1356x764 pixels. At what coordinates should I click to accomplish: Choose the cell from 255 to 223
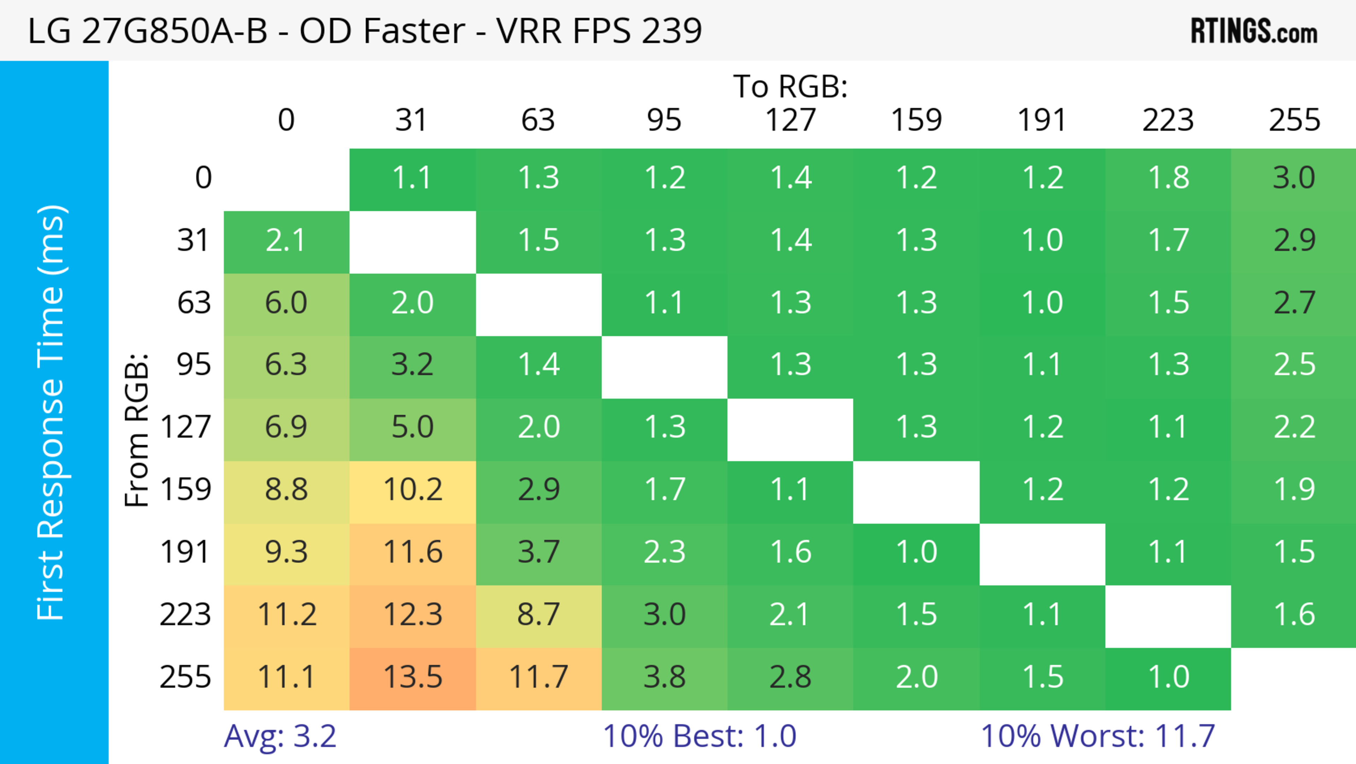pyautogui.click(x=1168, y=678)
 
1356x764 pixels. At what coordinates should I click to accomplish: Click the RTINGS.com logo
pyautogui.click(x=1254, y=31)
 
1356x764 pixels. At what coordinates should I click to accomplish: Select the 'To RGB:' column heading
pyautogui.click(x=790, y=86)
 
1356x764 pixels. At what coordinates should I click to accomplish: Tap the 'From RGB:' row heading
pyautogui.click(x=137, y=430)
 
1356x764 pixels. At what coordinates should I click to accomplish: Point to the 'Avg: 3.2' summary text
pyautogui.click(x=280, y=736)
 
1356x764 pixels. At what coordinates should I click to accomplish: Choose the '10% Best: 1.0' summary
pyautogui.click(x=699, y=736)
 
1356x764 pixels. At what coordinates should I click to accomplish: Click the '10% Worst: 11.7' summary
pyautogui.click(x=1098, y=736)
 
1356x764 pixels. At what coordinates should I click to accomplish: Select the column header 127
pyautogui.click(x=790, y=121)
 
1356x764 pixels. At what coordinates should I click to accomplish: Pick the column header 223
pyautogui.click(x=1168, y=121)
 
